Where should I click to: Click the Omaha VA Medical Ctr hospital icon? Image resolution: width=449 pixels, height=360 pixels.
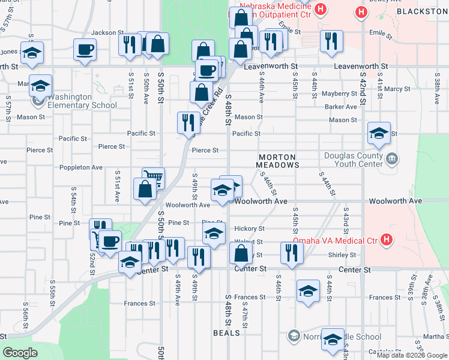[x=387, y=241]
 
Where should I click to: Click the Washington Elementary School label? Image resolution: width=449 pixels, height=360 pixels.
[x=82, y=101]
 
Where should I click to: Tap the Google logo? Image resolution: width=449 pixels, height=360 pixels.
[x=20, y=353]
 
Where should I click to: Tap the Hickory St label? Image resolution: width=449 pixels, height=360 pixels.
[x=249, y=229]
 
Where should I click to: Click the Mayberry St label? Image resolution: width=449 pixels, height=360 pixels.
[x=339, y=94]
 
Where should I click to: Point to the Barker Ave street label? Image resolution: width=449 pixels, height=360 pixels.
[x=341, y=107]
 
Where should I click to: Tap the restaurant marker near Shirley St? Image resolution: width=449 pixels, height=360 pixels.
[x=291, y=251]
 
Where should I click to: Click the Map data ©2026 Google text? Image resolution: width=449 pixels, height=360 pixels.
[x=412, y=355]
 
